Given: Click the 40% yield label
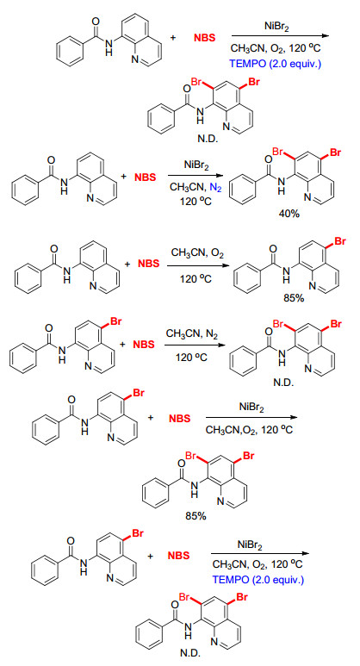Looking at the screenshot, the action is point(289,214).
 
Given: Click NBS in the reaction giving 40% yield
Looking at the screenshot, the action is point(146,177).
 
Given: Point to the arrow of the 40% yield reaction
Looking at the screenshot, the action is point(196,176).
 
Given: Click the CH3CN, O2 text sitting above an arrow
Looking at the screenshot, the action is point(197,253).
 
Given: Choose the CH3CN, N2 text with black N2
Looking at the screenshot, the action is point(192,333).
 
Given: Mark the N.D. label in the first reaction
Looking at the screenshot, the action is point(207,139).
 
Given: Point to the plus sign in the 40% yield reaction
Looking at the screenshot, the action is point(124,177).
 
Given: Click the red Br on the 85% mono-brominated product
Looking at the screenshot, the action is point(340,242).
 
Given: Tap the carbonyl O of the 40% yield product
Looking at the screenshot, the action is point(268,159).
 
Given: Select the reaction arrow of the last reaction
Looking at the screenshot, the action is point(259,554).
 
